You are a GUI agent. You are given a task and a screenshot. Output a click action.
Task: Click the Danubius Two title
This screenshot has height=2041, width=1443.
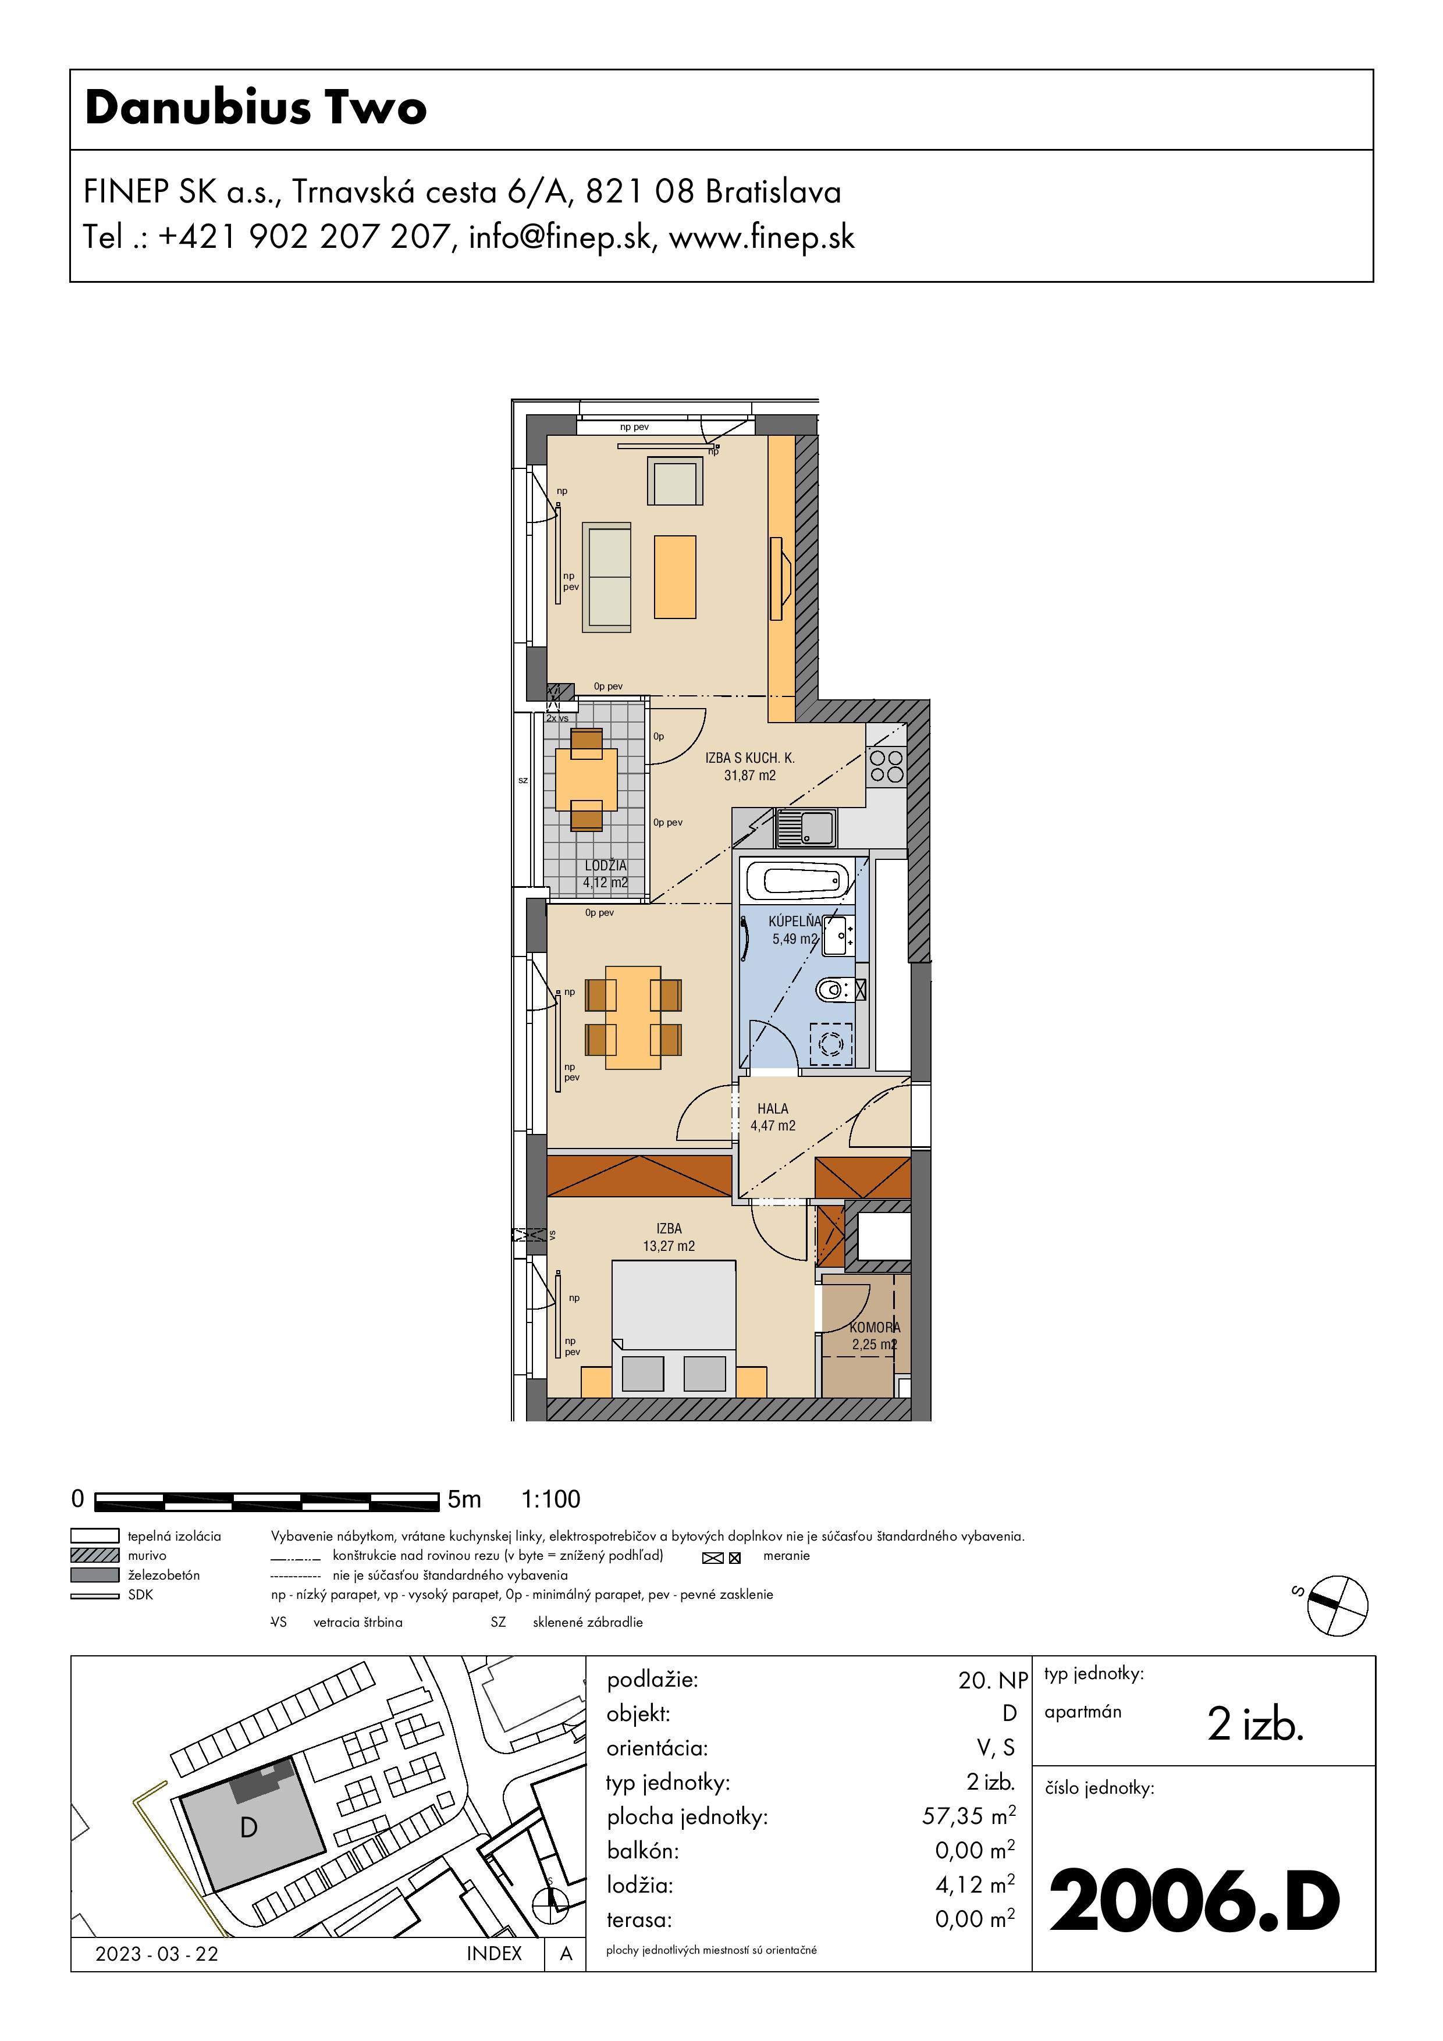point(256,108)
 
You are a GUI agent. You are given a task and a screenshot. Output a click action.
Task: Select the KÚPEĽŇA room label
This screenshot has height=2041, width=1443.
point(795,922)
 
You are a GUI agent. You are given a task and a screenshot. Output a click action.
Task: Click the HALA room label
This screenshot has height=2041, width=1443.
point(773,1108)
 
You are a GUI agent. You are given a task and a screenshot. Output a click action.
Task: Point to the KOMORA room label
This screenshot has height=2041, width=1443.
point(875,1327)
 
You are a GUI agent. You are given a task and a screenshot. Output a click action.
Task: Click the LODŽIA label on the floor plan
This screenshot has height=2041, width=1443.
point(606,866)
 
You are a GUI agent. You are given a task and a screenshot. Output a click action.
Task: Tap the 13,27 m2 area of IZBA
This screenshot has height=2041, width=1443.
point(669,1246)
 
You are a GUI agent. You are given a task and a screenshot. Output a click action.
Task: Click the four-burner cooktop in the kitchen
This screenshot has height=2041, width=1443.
point(886,766)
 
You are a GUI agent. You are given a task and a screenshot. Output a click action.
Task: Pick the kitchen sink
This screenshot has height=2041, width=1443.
point(805,827)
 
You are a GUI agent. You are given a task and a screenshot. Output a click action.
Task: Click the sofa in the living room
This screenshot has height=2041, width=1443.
point(606,578)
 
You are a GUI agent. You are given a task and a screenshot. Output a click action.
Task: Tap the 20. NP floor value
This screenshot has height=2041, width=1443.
point(993,1680)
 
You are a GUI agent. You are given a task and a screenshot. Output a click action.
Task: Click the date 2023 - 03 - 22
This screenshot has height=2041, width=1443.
point(157,1954)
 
